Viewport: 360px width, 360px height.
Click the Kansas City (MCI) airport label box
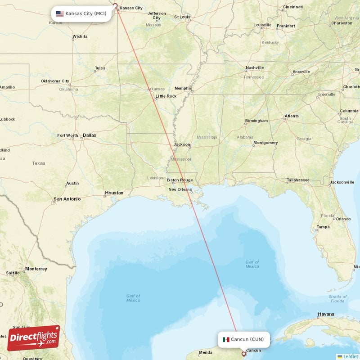(81, 13)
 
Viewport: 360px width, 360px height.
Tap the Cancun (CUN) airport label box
(244, 339)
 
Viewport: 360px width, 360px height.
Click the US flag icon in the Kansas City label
(60, 13)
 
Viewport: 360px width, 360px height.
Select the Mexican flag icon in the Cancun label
(226, 339)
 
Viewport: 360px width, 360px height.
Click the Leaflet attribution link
(351, 356)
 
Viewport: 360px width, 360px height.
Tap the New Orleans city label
(180, 189)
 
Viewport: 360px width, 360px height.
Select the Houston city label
(114, 193)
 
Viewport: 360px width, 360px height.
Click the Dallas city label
(89, 135)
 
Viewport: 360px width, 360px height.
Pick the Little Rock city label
(166, 96)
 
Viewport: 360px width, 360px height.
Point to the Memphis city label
(183, 88)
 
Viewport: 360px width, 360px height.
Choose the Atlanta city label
(291, 116)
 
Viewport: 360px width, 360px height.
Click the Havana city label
(326, 314)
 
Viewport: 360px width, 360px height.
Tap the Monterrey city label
(36, 269)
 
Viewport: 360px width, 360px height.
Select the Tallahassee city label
(298, 180)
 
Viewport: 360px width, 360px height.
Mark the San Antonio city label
(67, 198)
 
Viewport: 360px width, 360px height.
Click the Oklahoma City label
(55, 81)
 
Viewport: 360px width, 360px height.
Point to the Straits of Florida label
(337, 299)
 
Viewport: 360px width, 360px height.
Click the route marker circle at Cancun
(244, 354)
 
